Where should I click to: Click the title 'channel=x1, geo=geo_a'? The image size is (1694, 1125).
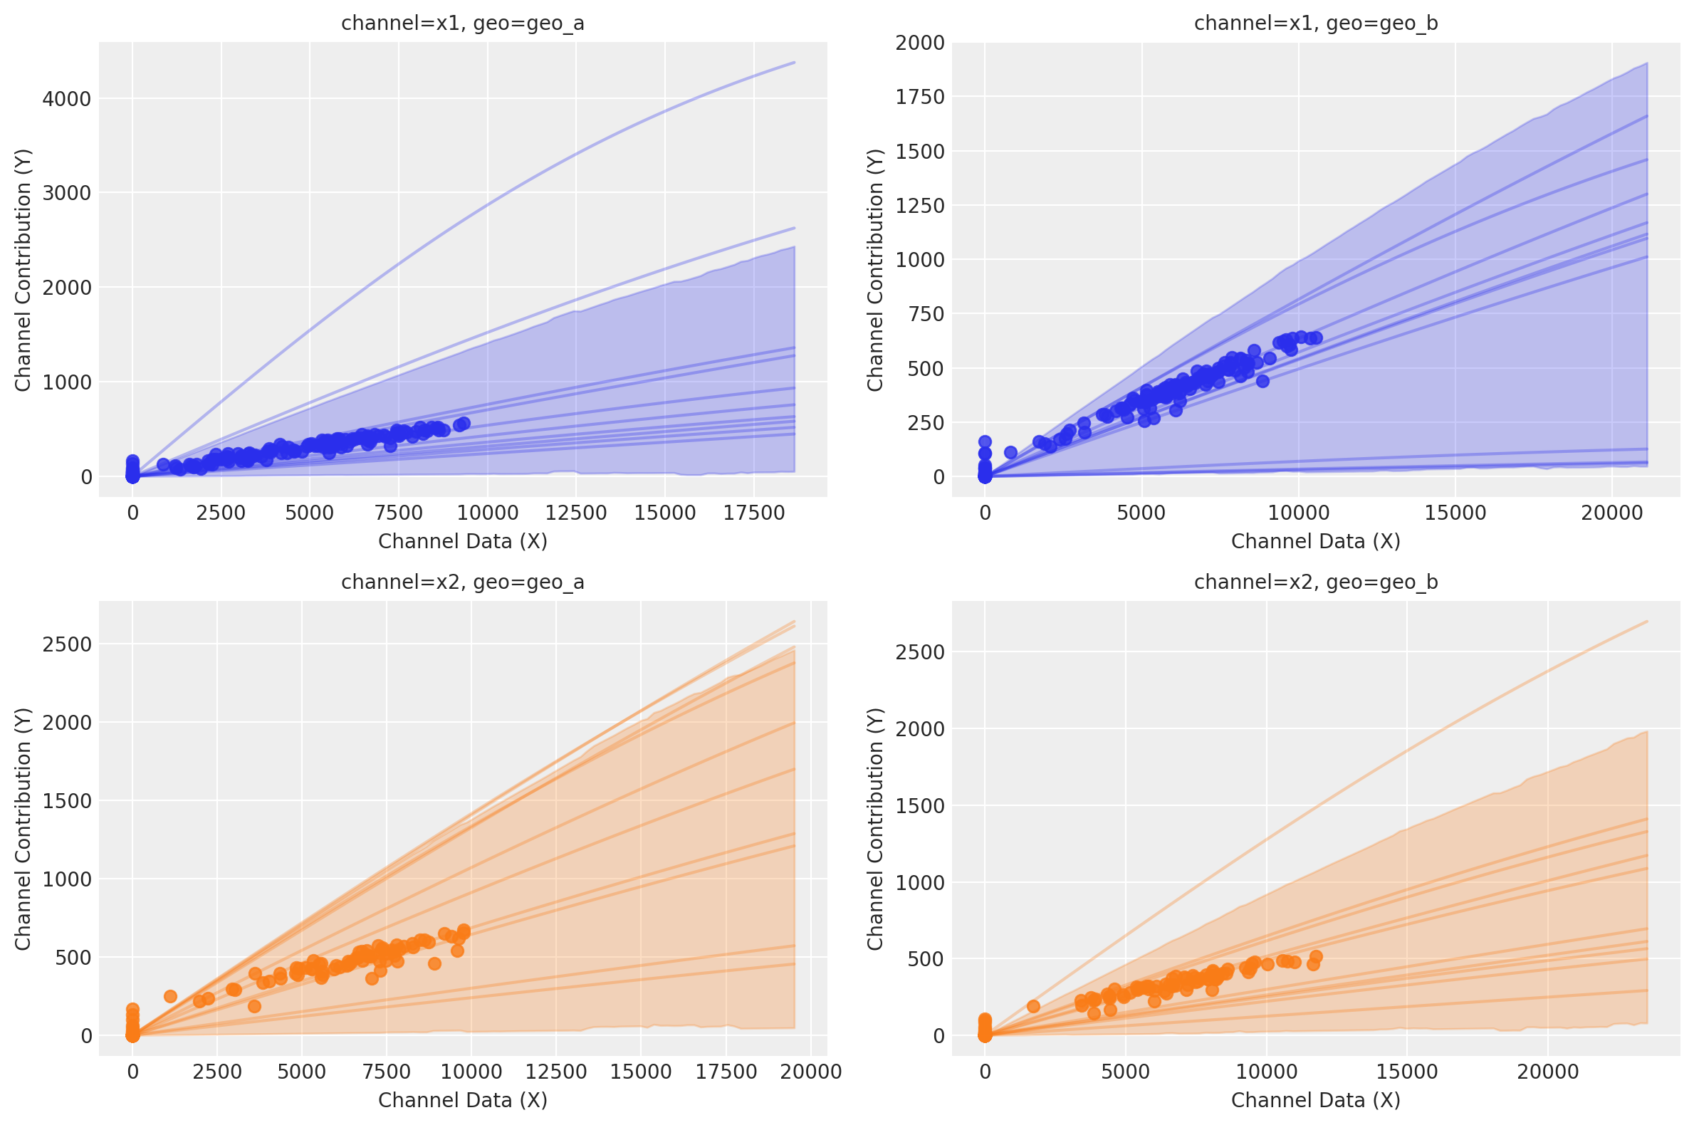click(463, 23)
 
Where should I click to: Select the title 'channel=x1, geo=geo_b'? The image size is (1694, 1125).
click(1315, 23)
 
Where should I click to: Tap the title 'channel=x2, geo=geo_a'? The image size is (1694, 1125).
click(463, 582)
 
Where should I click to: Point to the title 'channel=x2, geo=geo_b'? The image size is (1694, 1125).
click(1315, 582)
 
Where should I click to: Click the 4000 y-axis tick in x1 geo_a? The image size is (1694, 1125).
click(67, 99)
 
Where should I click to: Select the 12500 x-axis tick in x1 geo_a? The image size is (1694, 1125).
click(575, 513)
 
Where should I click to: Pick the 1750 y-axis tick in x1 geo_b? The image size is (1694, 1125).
click(919, 97)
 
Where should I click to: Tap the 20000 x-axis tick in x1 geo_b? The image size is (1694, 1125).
click(1611, 513)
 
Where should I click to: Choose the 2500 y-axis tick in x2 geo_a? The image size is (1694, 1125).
click(67, 644)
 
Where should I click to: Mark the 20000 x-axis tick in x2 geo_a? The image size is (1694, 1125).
click(811, 1072)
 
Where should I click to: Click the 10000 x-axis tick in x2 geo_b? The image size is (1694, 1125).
click(1265, 1072)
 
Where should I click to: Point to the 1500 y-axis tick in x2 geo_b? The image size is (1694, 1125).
click(919, 806)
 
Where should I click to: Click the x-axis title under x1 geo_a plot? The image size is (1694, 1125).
click(463, 542)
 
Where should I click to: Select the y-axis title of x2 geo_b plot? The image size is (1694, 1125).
click(874, 829)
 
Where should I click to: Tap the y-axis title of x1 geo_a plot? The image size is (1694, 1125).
click(23, 270)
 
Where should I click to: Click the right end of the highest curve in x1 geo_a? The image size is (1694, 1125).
click(794, 63)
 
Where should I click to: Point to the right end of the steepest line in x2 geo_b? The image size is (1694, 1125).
click(1646, 622)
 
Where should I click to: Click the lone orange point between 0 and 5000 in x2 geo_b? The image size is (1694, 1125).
click(1033, 1007)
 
